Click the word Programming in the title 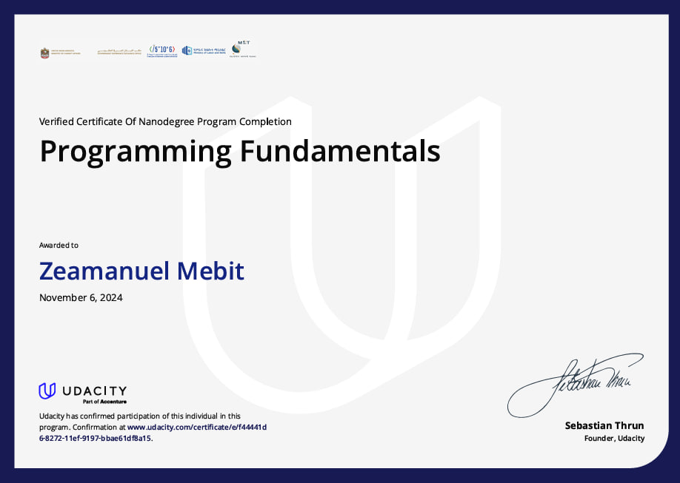[x=136, y=152]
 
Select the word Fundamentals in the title [x=339, y=152]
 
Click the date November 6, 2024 [x=81, y=298]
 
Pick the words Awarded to [x=59, y=245]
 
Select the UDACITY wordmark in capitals [x=93, y=391]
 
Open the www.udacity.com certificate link [x=196, y=427]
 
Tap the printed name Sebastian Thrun [x=604, y=425]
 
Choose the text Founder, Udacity [x=614, y=438]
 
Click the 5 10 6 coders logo [x=162, y=50]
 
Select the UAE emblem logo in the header [x=45, y=53]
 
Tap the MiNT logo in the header [x=241, y=50]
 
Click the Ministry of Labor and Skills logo [x=202, y=50]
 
